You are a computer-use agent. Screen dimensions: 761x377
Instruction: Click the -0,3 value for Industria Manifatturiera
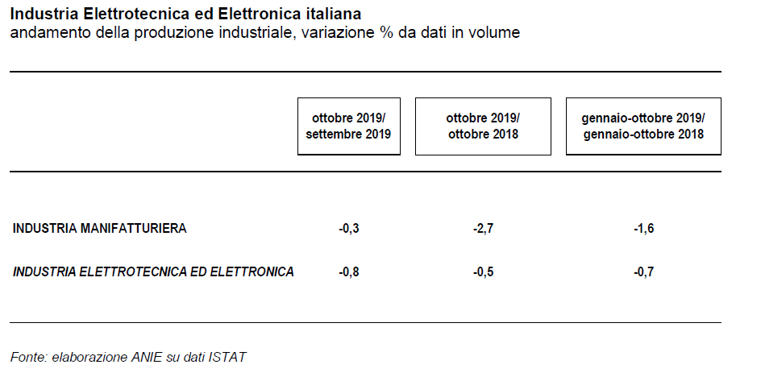point(349,229)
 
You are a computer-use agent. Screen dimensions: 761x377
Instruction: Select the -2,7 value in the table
point(483,229)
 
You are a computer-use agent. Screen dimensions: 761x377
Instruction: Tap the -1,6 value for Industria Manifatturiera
point(643,229)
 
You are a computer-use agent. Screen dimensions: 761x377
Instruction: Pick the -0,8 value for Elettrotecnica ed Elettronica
point(349,272)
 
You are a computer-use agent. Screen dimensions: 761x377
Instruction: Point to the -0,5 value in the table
point(483,272)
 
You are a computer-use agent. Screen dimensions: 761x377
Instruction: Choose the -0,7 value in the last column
point(643,272)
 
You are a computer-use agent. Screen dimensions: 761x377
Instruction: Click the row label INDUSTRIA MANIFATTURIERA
point(99,229)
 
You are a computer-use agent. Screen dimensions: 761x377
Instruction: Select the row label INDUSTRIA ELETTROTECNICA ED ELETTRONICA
point(153,271)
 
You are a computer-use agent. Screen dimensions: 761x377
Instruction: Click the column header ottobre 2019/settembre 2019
point(348,126)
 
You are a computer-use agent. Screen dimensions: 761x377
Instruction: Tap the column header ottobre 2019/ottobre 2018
point(483,126)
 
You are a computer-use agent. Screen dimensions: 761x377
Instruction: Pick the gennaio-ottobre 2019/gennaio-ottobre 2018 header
point(643,126)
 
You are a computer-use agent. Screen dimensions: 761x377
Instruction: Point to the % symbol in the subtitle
point(387,32)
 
